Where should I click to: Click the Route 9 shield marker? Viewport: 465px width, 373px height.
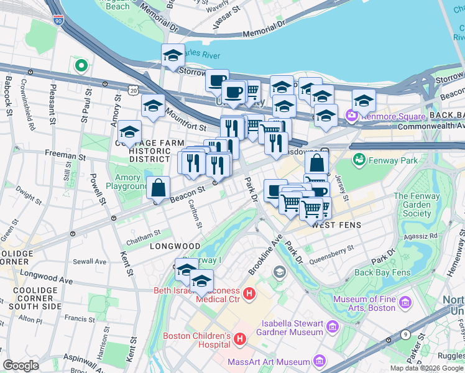(x=405, y=333)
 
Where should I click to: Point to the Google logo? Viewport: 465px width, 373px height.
(x=21, y=366)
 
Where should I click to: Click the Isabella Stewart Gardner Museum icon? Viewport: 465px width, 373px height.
(x=332, y=326)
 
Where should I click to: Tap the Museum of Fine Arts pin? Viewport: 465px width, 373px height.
(x=405, y=303)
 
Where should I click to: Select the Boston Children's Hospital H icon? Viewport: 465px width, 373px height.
(x=240, y=339)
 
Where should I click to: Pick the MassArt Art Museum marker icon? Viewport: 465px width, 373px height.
(x=320, y=361)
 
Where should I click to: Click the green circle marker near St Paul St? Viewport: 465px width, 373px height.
(x=80, y=65)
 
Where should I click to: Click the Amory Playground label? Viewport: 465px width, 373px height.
(x=127, y=182)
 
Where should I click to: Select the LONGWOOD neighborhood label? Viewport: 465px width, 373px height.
(x=175, y=246)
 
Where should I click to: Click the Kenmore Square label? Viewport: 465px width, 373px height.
(x=392, y=116)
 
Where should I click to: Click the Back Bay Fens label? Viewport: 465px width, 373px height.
(x=382, y=272)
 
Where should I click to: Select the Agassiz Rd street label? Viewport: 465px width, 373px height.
(x=420, y=236)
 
